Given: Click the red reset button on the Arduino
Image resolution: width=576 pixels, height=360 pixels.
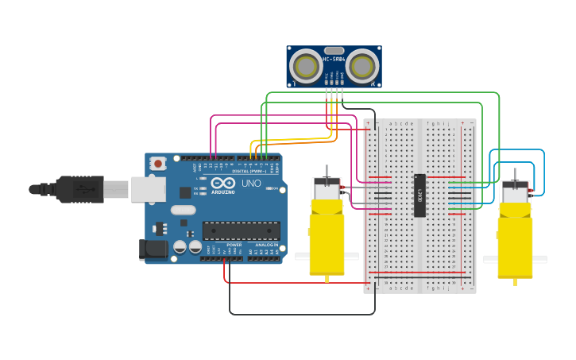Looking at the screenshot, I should click(158, 164).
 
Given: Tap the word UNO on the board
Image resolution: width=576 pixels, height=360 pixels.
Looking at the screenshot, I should click(251, 184).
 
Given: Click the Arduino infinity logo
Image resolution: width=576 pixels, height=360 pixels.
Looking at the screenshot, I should click(222, 184).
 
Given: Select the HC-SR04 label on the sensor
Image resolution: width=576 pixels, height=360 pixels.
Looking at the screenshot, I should click(334, 59).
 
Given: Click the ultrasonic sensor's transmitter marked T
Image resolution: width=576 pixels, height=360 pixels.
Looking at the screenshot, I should click(305, 65).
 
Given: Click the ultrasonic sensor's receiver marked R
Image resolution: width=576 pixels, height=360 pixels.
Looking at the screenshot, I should click(361, 65).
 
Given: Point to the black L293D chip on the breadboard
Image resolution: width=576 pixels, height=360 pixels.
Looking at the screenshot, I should click(419, 195).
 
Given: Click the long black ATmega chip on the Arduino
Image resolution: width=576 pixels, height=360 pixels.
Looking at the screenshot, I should click(241, 230).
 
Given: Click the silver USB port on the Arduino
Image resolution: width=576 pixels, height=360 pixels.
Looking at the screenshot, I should click(149, 188).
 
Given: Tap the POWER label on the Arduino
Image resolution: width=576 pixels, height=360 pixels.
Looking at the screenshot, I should click(234, 244).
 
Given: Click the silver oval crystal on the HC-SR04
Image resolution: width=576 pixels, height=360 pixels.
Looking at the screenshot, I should click(334, 50).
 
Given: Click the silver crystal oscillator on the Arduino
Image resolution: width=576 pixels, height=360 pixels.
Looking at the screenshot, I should click(183, 211).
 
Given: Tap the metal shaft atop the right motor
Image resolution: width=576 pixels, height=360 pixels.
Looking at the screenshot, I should click(514, 175).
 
